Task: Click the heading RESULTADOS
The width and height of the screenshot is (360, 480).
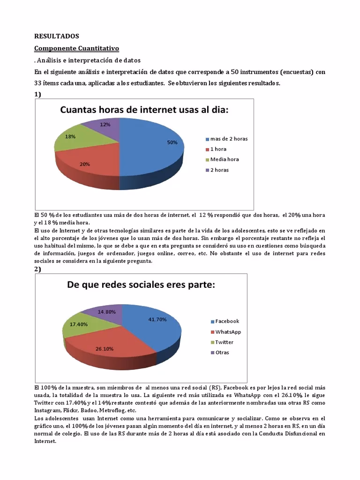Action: pyautogui.click(x=57, y=36)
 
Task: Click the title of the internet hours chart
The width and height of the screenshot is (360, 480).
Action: pyautogui.click(x=144, y=110)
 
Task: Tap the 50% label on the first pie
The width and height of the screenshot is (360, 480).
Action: pyautogui.click(x=172, y=142)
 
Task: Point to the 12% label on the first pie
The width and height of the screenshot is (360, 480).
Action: pyautogui.click(x=105, y=125)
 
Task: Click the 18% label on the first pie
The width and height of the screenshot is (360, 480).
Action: pyautogui.click(x=70, y=136)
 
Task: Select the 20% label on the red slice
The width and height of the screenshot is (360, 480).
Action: pyautogui.click(x=85, y=164)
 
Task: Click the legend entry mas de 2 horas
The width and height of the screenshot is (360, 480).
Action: pyautogui.click(x=229, y=139)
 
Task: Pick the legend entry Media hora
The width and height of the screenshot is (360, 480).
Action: pyautogui.click(x=224, y=159)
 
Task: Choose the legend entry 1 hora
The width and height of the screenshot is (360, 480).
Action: pyautogui.click(x=218, y=149)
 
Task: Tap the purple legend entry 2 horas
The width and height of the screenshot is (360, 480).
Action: pyautogui.click(x=219, y=170)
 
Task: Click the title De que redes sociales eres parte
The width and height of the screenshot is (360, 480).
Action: pyautogui.click(x=141, y=285)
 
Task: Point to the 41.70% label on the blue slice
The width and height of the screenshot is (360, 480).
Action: pyautogui.click(x=157, y=319)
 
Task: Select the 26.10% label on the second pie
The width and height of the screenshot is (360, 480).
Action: pyautogui.click(x=104, y=349)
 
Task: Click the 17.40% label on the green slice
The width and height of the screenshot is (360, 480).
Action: pyautogui.click(x=79, y=324)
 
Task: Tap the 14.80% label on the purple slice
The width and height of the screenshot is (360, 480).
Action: pyautogui.click(x=107, y=312)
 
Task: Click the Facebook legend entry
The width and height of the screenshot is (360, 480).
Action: pyautogui.click(x=227, y=321)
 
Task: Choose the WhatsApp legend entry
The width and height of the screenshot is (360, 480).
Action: pyautogui.click(x=228, y=332)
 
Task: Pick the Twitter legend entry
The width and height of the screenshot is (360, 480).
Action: pyautogui.click(x=224, y=342)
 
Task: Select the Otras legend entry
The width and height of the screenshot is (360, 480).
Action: pyautogui.click(x=222, y=352)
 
